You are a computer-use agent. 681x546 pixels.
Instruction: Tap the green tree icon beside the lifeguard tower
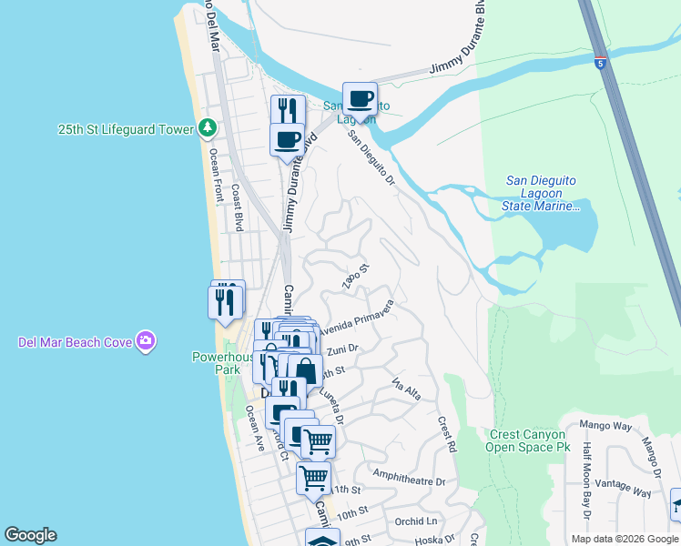208,129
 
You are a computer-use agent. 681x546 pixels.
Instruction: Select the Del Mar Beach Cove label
75,342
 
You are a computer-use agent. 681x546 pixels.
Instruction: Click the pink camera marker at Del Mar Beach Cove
146,342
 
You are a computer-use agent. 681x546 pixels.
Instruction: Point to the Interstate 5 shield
600,63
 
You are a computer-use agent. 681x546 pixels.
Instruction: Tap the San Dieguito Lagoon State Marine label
541,193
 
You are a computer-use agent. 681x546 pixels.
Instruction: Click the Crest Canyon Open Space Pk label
525,440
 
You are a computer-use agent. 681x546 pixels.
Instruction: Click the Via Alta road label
406,389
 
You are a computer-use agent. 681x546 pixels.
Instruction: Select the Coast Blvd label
238,207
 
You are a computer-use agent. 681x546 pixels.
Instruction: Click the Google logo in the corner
30,535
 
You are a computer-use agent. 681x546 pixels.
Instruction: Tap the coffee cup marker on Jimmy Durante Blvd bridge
360,99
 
